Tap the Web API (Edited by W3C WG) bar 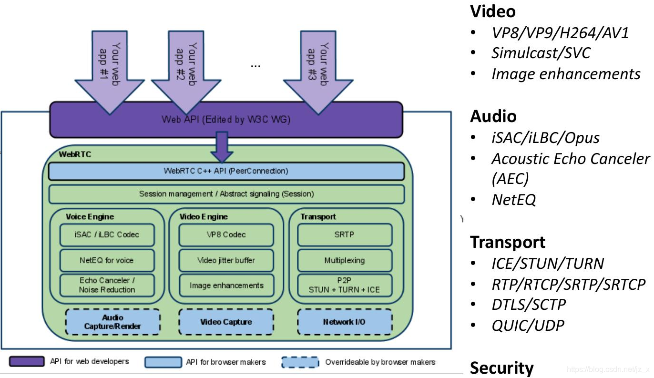[x=226, y=119]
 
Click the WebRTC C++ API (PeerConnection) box [x=226, y=171]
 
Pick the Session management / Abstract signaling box [x=226, y=194]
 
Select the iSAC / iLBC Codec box [x=107, y=235]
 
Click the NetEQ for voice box [x=107, y=260]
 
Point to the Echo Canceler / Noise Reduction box [x=107, y=285]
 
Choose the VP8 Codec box [x=226, y=235]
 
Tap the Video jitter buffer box [x=226, y=260]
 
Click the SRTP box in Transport [x=344, y=235]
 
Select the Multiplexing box [x=344, y=260]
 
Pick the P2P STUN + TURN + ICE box [x=344, y=285]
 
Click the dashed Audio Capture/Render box [x=112, y=322]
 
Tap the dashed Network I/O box [x=344, y=322]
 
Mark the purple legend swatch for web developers [x=26, y=362]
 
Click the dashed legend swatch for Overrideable [x=300, y=362]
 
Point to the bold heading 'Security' [x=501, y=368]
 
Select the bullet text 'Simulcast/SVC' [x=541, y=53]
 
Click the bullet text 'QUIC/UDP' [x=528, y=326]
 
